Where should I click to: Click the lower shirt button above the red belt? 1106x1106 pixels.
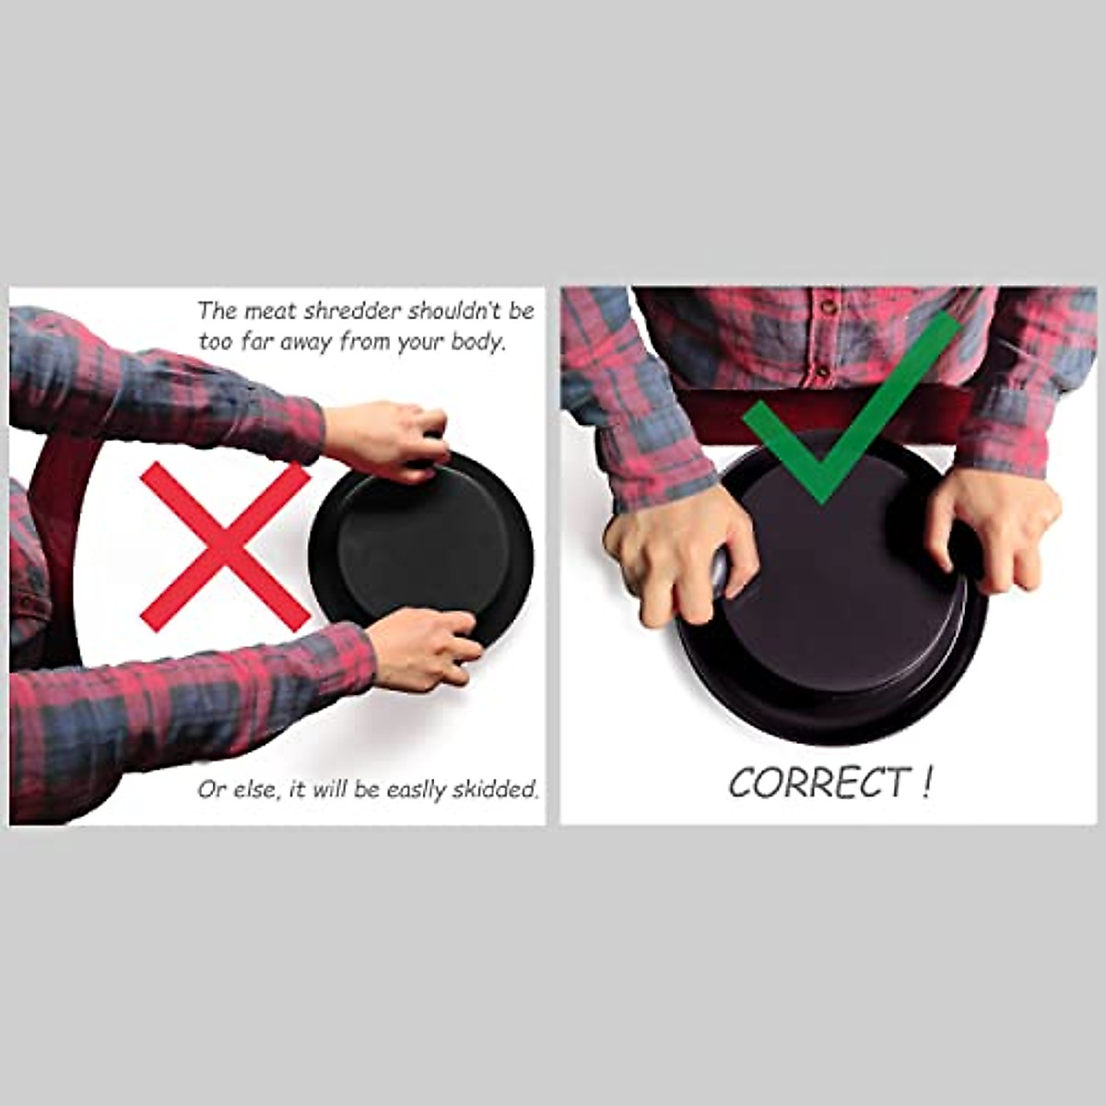tap(817, 371)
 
